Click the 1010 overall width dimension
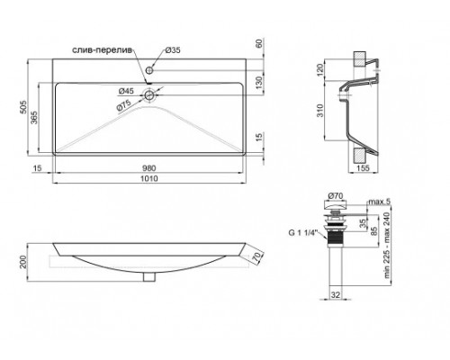(149, 178)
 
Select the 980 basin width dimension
(149, 168)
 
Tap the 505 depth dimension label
(23, 107)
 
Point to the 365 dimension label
(33, 118)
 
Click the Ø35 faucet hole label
(173, 50)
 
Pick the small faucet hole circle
(149, 70)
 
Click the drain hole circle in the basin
(149, 95)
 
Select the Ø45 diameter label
(126, 91)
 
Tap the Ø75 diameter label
(124, 106)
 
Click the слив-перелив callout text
(103, 50)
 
